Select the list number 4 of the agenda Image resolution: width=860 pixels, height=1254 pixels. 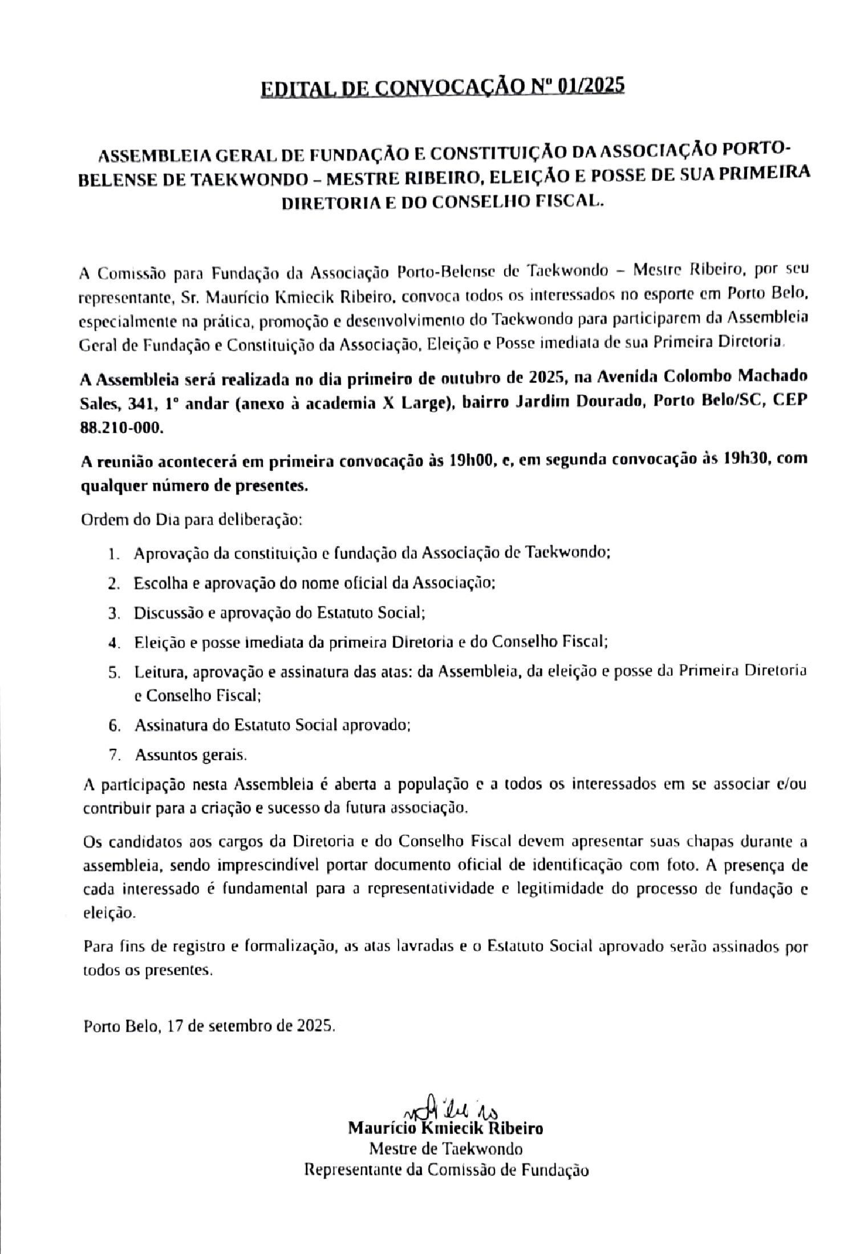click(115, 643)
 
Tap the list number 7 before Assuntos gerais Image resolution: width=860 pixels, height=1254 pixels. click(115, 756)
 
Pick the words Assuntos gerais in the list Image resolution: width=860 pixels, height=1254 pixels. click(191, 756)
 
